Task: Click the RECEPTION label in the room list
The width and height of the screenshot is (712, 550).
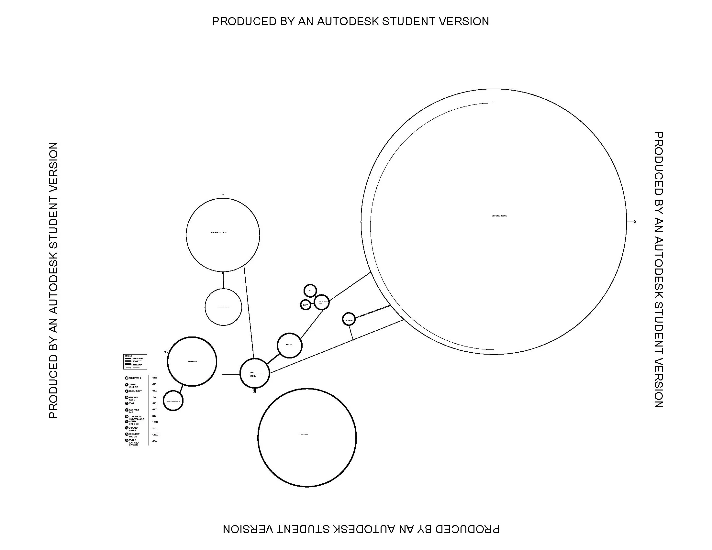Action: [135, 378]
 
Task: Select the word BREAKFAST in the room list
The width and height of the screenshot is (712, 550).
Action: [135, 391]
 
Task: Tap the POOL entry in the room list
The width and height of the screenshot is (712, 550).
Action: [131, 403]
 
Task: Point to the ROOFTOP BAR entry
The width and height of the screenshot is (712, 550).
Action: [134, 411]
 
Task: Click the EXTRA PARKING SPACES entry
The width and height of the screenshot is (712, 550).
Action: [133, 443]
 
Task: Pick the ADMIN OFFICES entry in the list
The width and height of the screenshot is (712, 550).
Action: [134, 423]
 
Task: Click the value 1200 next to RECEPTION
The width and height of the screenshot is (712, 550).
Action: [154, 378]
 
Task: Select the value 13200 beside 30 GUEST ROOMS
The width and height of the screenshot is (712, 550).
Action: [155, 434]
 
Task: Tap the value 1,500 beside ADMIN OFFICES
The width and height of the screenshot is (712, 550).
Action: [155, 422]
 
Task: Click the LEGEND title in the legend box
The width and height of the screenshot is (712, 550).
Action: [128, 356]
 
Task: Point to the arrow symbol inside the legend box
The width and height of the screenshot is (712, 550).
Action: [128, 368]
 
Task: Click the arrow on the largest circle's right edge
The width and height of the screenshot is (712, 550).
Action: [632, 222]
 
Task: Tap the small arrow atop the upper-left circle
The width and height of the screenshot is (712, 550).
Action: [223, 195]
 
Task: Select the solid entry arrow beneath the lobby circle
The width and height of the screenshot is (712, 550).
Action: [255, 390]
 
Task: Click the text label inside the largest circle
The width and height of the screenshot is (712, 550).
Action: [499, 216]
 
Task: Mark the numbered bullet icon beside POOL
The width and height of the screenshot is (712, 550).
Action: [127, 403]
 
